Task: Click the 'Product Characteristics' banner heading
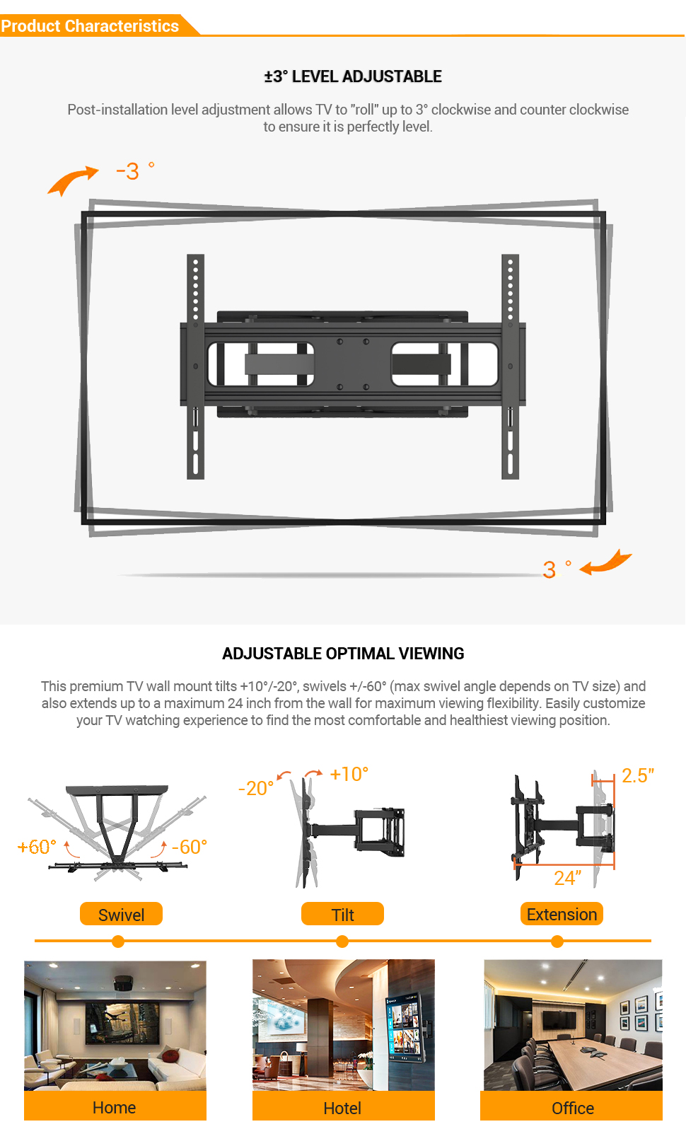pyautogui.click(x=90, y=25)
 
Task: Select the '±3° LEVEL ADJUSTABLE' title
pyautogui.click(x=353, y=76)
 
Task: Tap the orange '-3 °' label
pyautogui.click(x=135, y=171)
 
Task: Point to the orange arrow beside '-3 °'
pyautogui.click(x=73, y=180)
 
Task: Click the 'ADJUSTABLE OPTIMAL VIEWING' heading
pyautogui.click(x=343, y=654)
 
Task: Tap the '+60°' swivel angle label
pyautogui.click(x=37, y=847)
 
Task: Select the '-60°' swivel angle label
pyautogui.click(x=190, y=847)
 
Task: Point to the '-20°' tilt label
pyautogui.click(x=256, y=788)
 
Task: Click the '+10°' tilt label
pyautogui.click(x=349, y=774)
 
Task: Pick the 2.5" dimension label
pyautogui.click(x=638, y=776)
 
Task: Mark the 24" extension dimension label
pyautogui.click(x=568, y=878)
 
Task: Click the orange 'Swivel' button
pyautogui.click(x=122, y=914)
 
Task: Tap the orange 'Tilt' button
pyautogui.click(x=343, y=914)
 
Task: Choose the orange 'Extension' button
pyautogui.click(x=562, y=914)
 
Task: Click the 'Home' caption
pyautogui.click(x=115, y=1107)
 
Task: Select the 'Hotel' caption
pyautogui.click(x=343, y=1108)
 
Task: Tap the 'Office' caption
pyautogui.click(x=573, y=1108)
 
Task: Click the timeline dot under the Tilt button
pyautogui.click(x=342, y=941)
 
